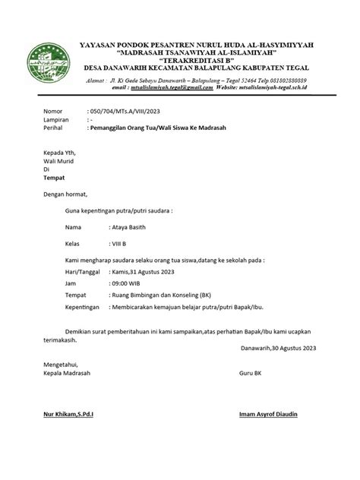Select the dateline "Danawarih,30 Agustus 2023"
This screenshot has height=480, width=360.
click(x=277, y=349)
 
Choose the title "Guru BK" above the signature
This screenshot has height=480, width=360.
click(x=251, y=374)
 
